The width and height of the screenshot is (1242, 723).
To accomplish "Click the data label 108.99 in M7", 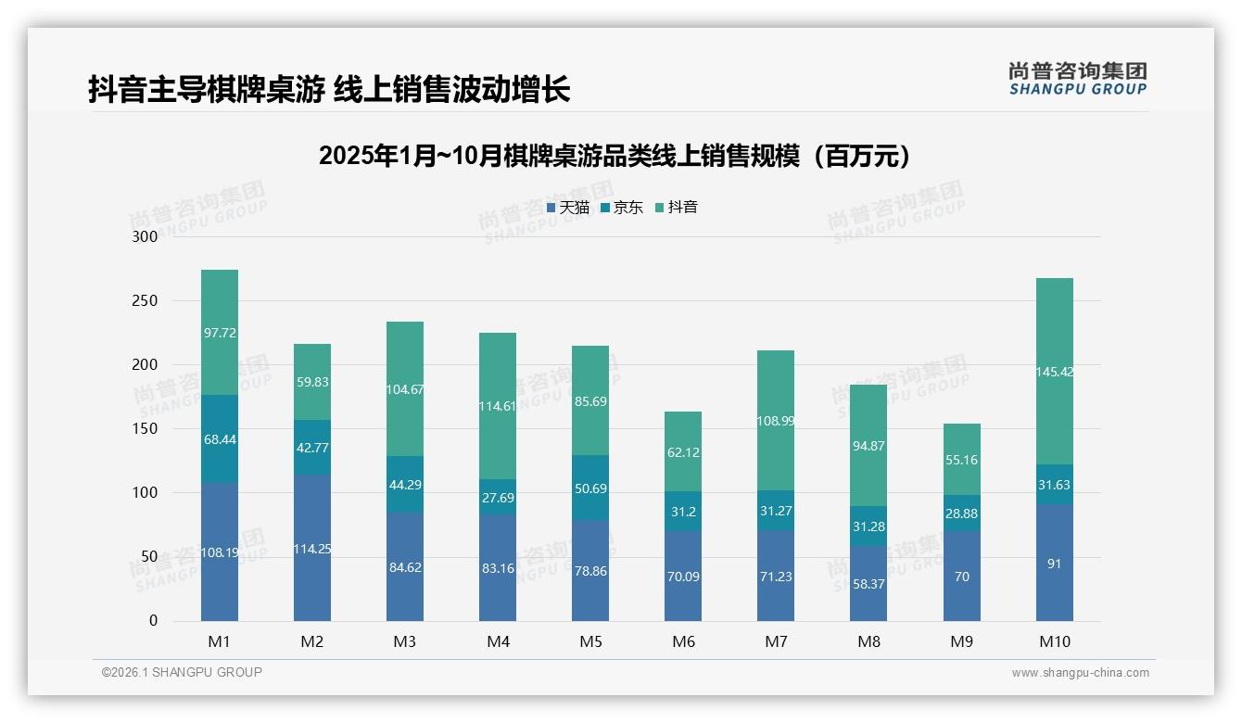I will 776,421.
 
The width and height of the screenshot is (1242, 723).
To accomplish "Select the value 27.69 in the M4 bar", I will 498,498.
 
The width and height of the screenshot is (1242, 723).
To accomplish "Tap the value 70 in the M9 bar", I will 961,577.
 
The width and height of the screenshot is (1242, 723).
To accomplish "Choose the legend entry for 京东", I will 622,208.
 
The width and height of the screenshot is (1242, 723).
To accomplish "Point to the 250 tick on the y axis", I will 146,301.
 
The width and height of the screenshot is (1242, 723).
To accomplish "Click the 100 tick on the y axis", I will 146,493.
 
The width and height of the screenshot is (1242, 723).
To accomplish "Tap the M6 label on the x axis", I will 683,641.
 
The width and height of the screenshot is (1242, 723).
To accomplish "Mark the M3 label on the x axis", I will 405,641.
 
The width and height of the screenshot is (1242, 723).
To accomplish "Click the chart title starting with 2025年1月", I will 615,156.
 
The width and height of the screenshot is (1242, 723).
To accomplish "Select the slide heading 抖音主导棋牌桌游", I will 329,89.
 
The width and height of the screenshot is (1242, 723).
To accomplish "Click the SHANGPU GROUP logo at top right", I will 1077,79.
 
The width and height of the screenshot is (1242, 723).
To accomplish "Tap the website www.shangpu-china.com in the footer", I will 1080,673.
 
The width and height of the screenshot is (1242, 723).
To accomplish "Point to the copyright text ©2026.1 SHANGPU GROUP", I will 182,672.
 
